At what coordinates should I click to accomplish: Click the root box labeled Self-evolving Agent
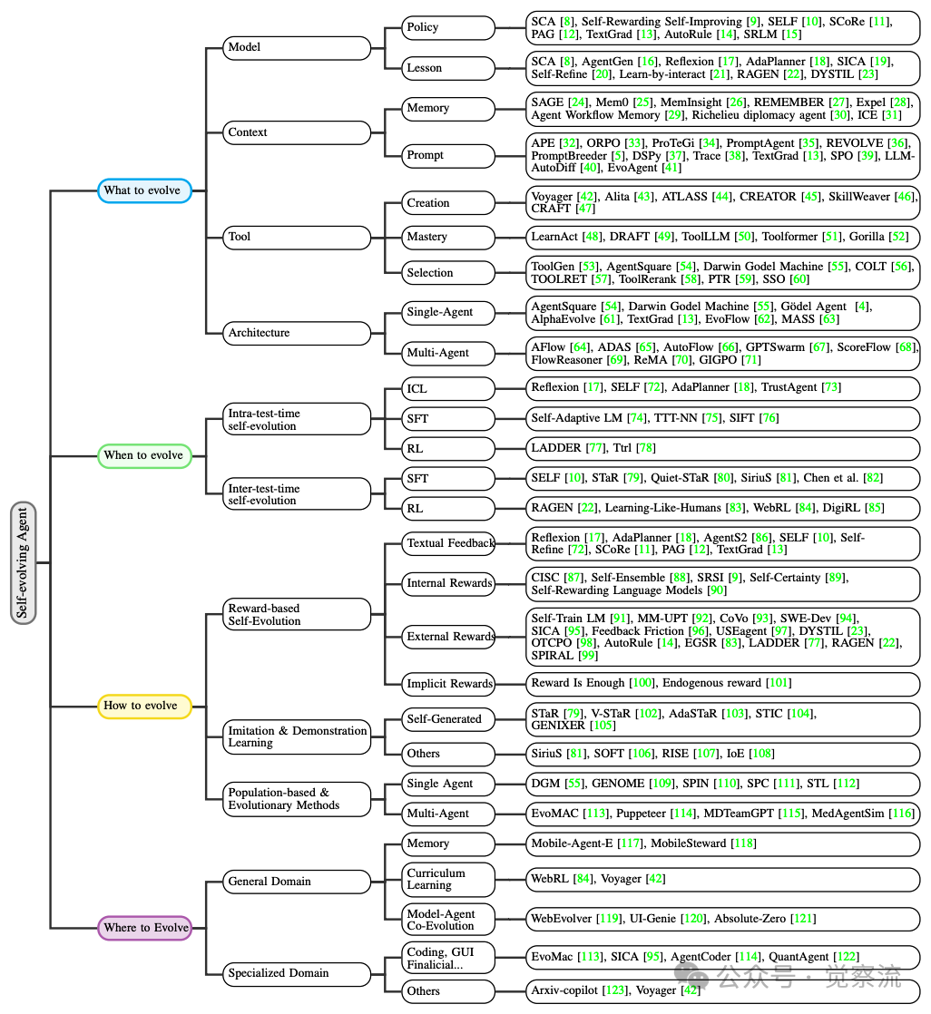[24, 562]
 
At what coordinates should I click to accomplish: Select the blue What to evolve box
[144, 190]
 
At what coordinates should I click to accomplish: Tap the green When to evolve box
[144, 455]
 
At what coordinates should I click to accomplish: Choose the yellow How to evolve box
[144, 706]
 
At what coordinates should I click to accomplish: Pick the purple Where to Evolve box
[145, 928]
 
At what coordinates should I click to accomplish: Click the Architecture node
[297, 333]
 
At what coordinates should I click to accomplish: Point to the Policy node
[449, 27]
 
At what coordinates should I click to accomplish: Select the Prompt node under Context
[449, 155]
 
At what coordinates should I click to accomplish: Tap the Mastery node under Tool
[449, 237]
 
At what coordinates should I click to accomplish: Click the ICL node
[449, 388]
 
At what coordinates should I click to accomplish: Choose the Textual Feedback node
[449, 543]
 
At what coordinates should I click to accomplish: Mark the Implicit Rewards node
[449, 684]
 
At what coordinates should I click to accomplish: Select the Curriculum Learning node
[449, 879]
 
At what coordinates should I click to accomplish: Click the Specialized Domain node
[297, 973]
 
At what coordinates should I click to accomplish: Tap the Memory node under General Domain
[449, 843]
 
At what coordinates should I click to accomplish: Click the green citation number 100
[642, 683]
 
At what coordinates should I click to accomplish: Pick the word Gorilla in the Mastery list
[868, 237]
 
